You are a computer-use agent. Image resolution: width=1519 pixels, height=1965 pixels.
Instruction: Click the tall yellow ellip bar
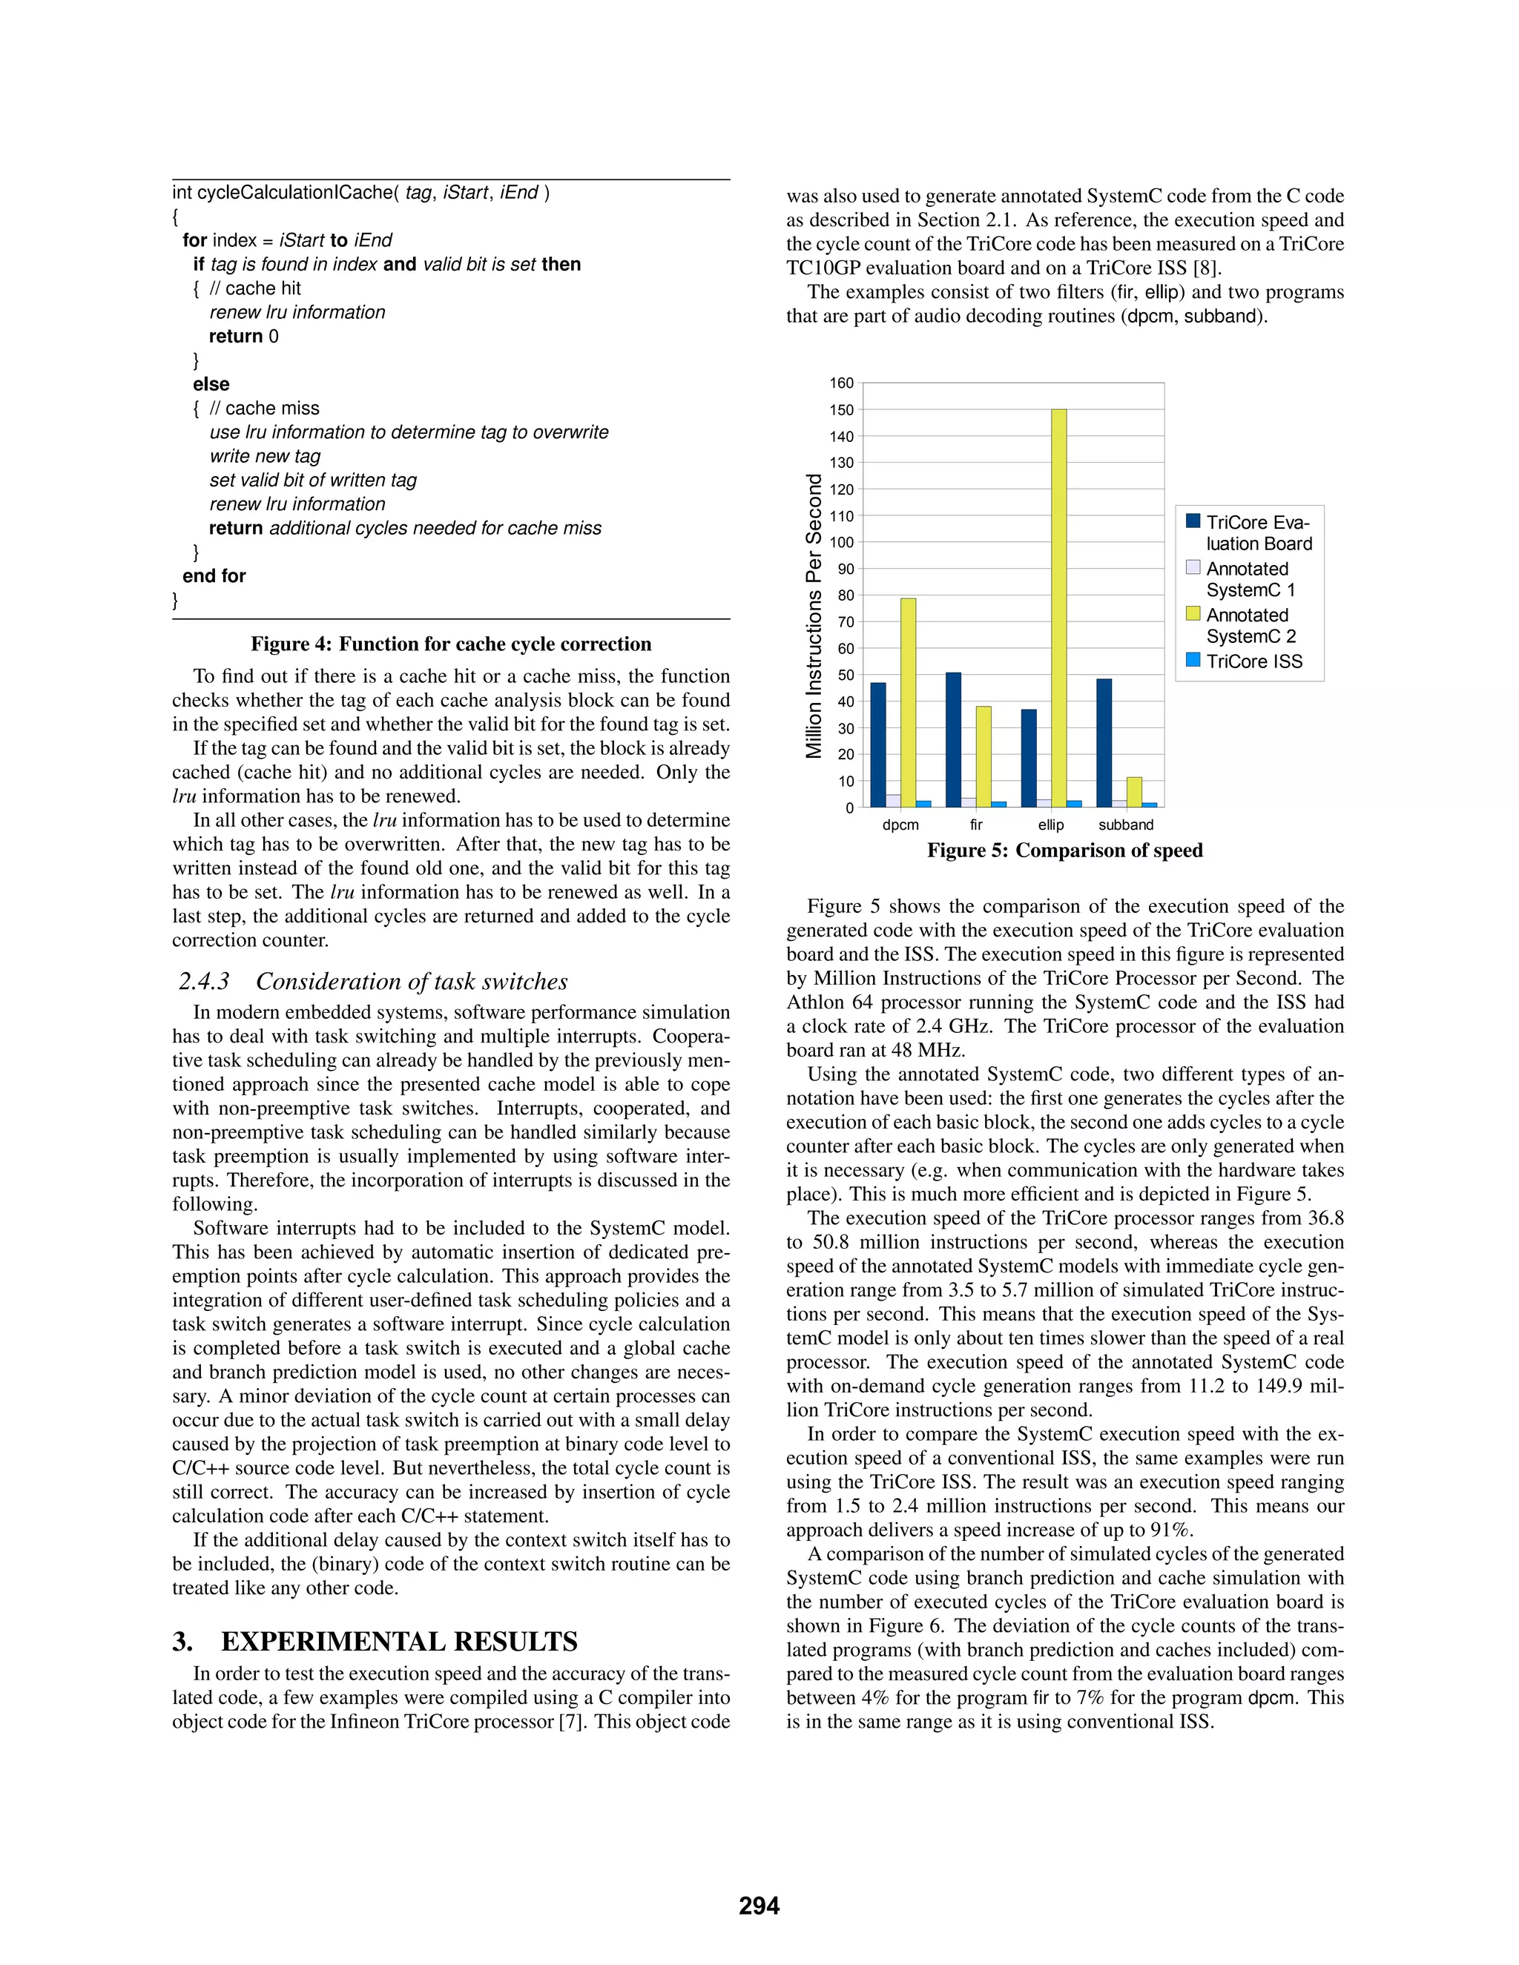[1058, 607]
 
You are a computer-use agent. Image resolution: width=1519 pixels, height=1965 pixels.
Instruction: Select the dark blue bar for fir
[953, 739]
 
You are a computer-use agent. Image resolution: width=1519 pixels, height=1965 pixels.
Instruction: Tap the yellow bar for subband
[1134, 792]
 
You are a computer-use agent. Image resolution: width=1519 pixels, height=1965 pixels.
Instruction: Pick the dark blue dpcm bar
[877, 744]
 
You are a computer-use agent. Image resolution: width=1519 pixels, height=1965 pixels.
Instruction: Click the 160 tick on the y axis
[840, 383]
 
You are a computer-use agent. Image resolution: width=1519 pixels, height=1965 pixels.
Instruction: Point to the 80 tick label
[844, 595]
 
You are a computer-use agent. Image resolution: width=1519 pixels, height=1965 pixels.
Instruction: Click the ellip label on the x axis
[1050, 825]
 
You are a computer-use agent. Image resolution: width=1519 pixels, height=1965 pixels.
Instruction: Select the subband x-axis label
[1125, 825]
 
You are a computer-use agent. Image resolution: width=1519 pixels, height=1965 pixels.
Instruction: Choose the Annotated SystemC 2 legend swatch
[1193, 614]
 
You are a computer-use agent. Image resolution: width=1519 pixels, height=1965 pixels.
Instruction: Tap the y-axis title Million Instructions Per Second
[814, 616]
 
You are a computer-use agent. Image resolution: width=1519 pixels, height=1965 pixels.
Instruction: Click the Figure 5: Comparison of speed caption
[1064, 851]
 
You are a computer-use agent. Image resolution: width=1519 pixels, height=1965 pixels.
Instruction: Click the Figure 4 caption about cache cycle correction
[451, 644]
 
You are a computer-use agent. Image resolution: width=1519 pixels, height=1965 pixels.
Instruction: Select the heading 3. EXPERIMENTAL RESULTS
[375, 1642]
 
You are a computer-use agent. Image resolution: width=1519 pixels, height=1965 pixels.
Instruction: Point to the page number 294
[759, 1906]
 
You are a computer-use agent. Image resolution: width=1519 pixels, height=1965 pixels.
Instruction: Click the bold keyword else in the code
[211, 384]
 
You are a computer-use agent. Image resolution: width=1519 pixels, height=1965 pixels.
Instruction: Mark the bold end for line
[214, 576]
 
